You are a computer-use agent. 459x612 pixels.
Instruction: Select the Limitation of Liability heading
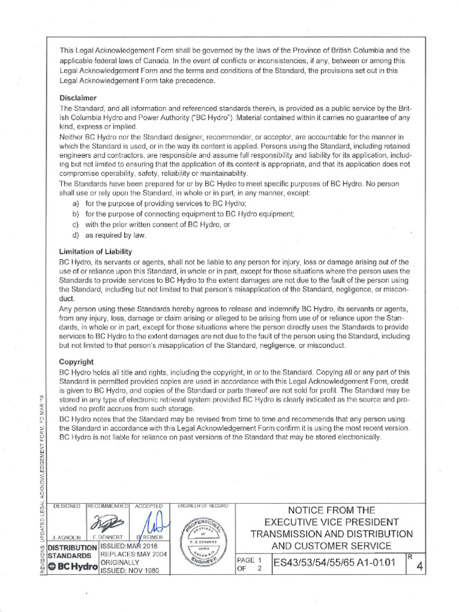point(96,252)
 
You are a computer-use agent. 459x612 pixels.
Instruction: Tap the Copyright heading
point(76,362)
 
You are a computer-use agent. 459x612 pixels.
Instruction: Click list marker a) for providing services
point(75,204)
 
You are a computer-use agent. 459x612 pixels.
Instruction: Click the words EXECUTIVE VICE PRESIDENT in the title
point(331,522)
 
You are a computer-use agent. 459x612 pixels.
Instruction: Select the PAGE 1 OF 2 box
point(251,564)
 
